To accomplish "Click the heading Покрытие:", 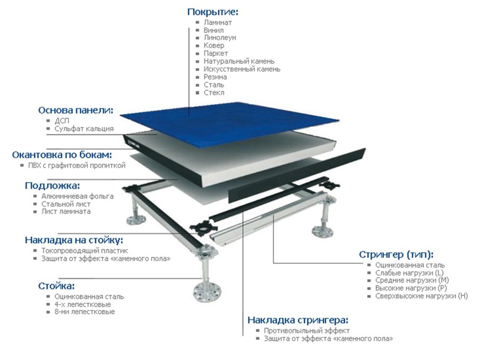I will coord(213,12).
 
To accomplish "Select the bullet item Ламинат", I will coord(217,23).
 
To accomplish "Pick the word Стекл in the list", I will coord(214,92).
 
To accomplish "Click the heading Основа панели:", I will coord(76,110).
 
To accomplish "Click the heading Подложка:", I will coord(52,186).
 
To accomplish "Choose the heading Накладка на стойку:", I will coord(74,240).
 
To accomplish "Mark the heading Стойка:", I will coord(56,286).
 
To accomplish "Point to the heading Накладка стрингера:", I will coord(298,320).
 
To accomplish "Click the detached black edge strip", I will coord(295,177).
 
